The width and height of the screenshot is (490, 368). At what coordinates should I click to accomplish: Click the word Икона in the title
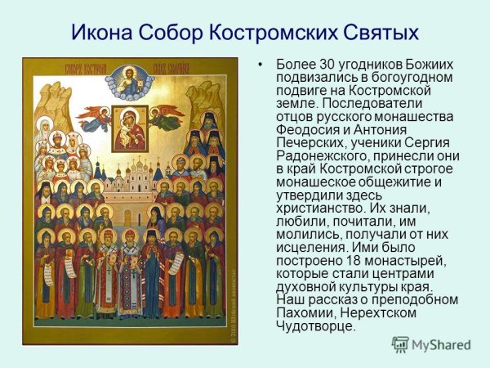click(x=105, y=34)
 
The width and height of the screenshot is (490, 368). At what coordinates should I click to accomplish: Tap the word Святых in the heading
click(x=384, y=34)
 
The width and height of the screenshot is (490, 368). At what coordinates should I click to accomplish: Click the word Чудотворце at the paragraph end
click(x=316, y=326)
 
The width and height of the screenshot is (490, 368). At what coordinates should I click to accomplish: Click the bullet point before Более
click(x=261, y=65)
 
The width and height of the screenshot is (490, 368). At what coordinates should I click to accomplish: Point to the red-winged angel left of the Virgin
click(x=96, y=119)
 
